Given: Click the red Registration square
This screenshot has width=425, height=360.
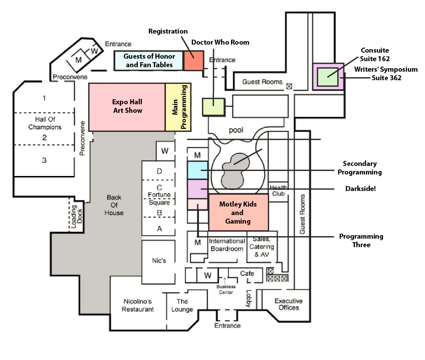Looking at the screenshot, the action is click(x=193, y=61).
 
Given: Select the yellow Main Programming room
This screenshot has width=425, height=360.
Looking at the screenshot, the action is click(x=178, y=107).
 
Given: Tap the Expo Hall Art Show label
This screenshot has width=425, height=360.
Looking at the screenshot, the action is click(x=127, y=106).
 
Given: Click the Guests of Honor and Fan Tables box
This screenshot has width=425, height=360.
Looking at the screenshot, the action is click(x=148, y=61).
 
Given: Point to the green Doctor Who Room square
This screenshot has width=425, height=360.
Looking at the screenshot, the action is click(x=214, y=107).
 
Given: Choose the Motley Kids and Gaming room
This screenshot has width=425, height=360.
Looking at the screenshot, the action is click(x=239, y=212).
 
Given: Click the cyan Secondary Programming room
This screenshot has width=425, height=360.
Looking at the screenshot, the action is click(x=197, y=170).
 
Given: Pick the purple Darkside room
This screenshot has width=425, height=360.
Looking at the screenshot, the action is click(x=197, y=189).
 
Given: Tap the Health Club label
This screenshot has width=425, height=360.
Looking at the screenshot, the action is click(x=278, y=191).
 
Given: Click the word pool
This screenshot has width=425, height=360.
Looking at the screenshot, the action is click(x=236, y=130).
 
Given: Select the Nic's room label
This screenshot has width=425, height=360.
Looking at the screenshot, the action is click(x=159, y=261).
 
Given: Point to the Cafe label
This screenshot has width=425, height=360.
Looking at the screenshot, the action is click(x=247, y=273).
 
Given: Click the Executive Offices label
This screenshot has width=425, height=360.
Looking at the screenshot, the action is click(x=289, y=304).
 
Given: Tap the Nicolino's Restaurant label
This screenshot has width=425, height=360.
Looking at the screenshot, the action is click(x=138, y=305).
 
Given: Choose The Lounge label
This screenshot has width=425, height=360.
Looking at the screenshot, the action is click(x=182, y=305).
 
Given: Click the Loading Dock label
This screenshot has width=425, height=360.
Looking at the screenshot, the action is click(x=76, y=217).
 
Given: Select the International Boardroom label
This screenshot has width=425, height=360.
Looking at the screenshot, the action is click(x=227, y=245).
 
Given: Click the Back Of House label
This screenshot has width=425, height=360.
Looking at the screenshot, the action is click(x=114, y=205).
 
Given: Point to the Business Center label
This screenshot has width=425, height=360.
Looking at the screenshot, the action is click(x=226, y=289).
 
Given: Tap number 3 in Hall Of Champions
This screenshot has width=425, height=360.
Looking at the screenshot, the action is click(x=44, y=160).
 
